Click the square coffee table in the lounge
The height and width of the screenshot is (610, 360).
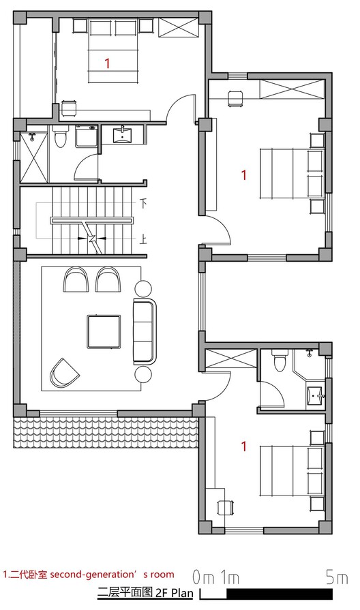pos(104,331)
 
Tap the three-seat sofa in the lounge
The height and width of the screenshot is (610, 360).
pos(144,330)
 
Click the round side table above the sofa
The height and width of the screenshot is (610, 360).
pos(144,288)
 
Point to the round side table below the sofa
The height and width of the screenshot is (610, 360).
pos(144,373)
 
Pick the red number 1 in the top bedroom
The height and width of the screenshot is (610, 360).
pos(106,63)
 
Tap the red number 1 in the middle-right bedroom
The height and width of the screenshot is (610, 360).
pos(244,175)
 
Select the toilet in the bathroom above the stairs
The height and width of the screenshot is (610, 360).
pos(60,138)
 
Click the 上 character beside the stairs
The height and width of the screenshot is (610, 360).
pos(144,240)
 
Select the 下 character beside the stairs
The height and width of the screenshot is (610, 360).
pos(144,202)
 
